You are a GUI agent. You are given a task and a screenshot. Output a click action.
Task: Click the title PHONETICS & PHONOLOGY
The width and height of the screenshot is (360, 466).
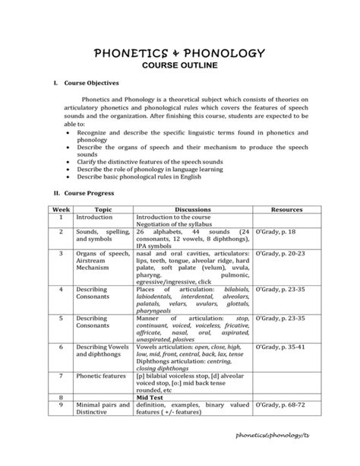point(179,54)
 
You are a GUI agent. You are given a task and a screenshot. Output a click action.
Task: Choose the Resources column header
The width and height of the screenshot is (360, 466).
point(286,209)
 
